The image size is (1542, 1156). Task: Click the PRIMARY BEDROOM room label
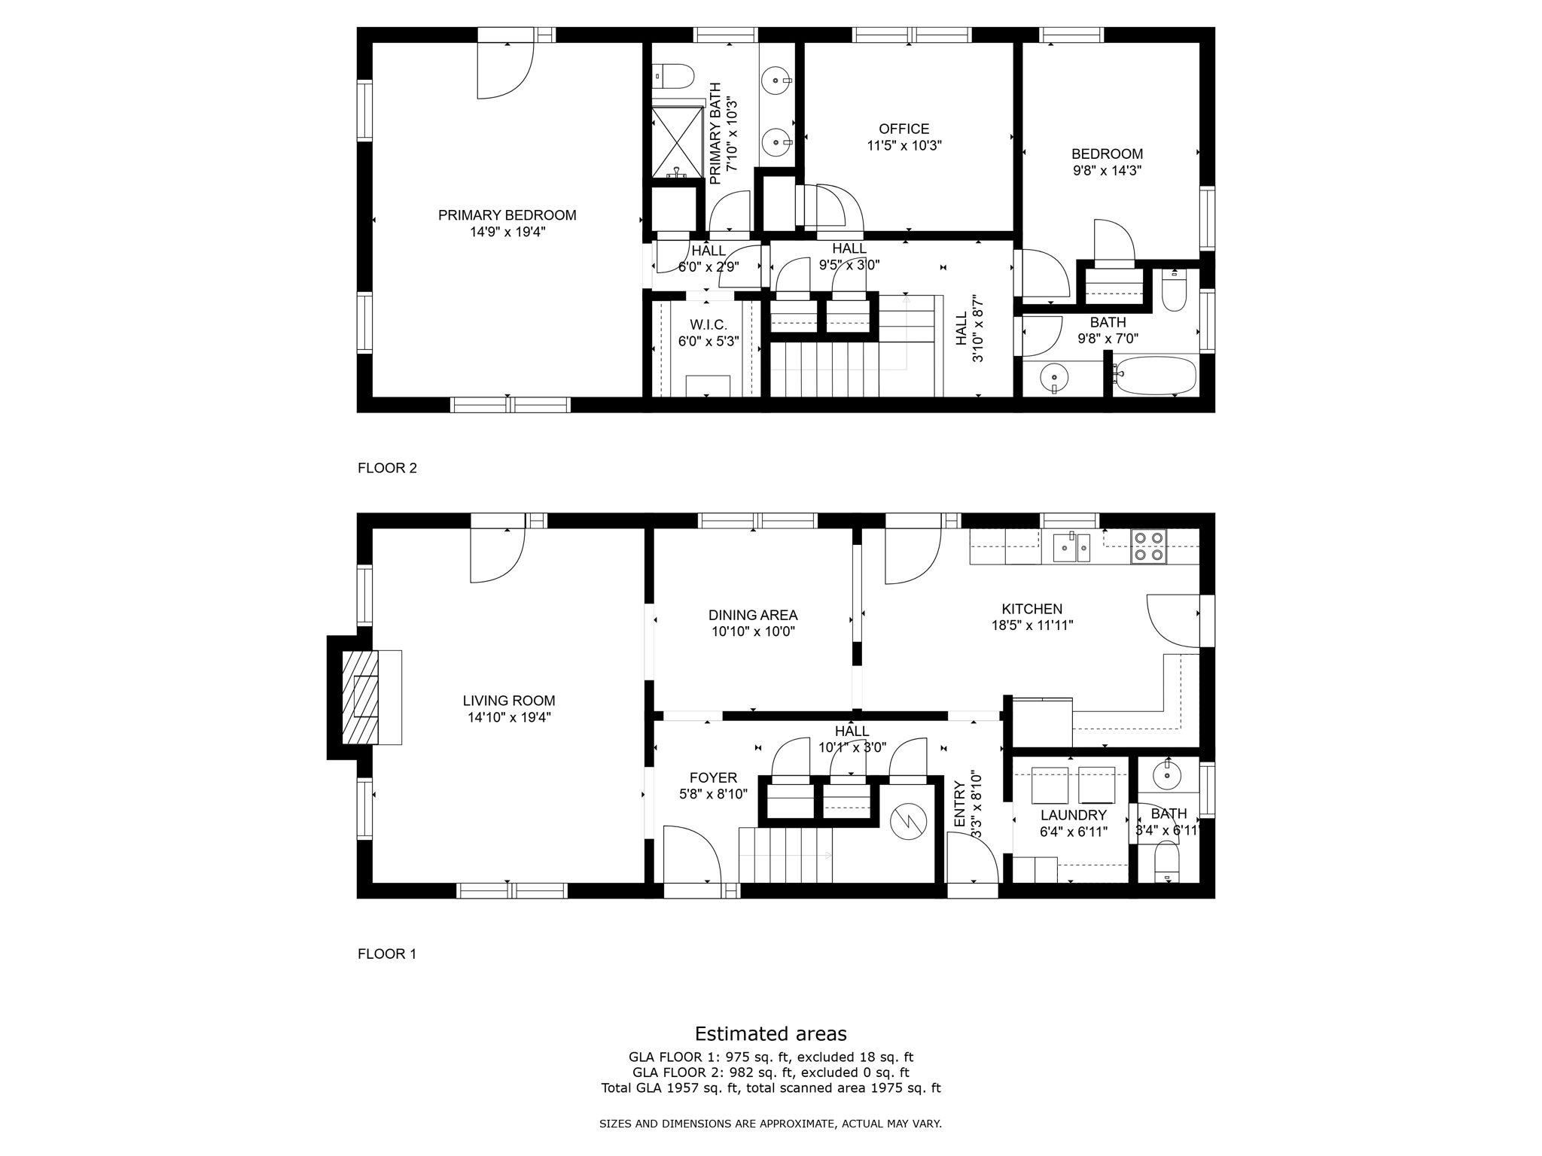coord(507,215)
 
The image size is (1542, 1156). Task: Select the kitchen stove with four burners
coord(1149,546)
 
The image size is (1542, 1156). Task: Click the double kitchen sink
coord(1071,547)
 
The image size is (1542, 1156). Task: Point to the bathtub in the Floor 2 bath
coord(1155,375)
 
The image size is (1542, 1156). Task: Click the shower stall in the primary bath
coord(677,140)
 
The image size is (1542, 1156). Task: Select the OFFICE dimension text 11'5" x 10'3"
coord(904,146)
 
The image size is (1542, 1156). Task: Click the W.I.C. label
coord(708,324)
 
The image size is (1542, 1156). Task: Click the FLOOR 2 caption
coord(387,468)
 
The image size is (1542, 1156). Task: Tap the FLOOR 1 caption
coord(387,954)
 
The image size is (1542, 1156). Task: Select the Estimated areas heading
coord(770,1033)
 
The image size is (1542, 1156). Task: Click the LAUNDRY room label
coord(1073,815)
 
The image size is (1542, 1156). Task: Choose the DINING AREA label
coord(753,616)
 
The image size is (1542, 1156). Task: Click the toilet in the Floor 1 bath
coord(1166,862)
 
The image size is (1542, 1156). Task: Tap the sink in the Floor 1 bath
coord(1167,776)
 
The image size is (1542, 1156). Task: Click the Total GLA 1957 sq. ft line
coord(770,1088)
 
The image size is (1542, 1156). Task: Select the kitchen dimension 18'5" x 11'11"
coord(1032,625)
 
